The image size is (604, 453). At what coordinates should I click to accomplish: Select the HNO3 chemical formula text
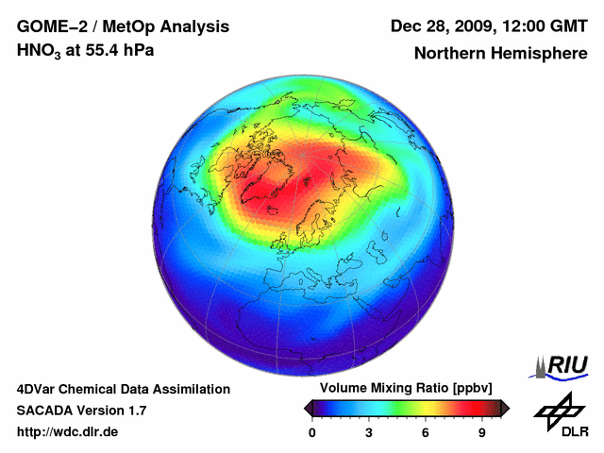coord(39,50)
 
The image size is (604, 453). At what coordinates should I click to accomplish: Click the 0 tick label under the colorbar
coord(312,432)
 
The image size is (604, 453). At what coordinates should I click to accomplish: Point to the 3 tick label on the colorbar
coord(369,432)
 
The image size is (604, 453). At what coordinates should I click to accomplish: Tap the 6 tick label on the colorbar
coord(426,432)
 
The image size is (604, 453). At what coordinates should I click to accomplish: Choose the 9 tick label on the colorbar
coord(481,432)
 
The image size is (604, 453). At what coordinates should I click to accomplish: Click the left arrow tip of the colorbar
coord(306,408)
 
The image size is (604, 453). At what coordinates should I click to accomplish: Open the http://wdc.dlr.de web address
coord(68,432)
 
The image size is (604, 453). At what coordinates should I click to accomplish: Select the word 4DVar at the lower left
coord(39,389)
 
